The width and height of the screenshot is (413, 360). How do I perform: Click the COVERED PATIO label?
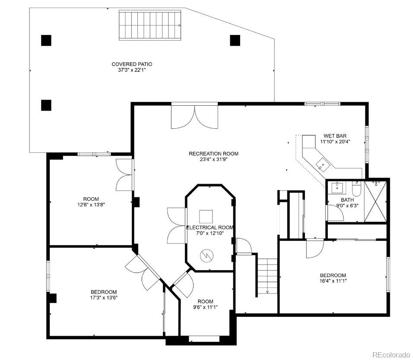[x=132, y=64]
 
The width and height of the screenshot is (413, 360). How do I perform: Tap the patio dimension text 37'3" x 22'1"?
[x=132, y=70]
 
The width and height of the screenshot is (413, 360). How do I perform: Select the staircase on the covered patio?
[x=149, y=25]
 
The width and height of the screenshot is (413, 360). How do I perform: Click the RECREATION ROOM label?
[x=213, y=154]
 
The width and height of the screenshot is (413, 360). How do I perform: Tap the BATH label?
[x=347, y=200]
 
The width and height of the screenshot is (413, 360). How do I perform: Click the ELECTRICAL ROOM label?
[x=210, y=227]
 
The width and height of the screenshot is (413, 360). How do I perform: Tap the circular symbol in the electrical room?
[x=206, y=256]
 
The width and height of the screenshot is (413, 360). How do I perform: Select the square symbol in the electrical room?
[x=206, y=216]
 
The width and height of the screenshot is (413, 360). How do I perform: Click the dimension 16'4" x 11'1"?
[x=333, y=281]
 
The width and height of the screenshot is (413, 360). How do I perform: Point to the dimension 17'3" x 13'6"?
[x=103, y=297]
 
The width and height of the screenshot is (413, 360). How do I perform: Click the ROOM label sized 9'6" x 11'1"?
[x=206, y=301]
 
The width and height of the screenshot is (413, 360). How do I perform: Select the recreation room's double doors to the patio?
[x=194, y=116]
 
